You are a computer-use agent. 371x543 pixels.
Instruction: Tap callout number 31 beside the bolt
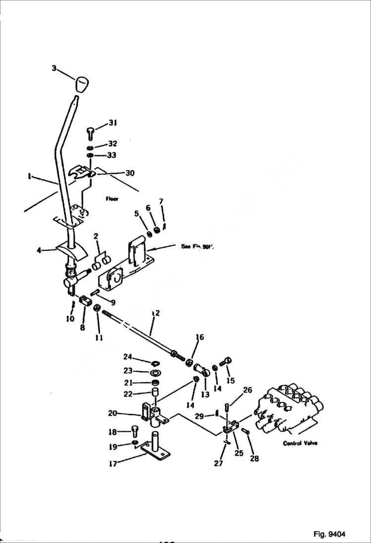(113, 123)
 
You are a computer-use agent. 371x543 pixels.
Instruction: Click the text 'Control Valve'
(300, 443)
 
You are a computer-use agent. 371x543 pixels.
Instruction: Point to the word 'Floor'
(112, 198)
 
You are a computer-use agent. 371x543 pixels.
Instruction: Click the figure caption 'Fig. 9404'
(329, 534)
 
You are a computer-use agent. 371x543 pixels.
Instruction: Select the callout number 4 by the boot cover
(39, 250)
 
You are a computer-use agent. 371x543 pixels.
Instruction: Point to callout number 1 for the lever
(30, 176)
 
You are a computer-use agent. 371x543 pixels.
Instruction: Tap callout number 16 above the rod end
(199, 338)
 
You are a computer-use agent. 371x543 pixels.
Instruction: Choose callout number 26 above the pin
(248, 391)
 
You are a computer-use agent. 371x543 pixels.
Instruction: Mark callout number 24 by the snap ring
(128, 356)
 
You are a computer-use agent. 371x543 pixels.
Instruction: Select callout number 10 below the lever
(70, 319)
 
